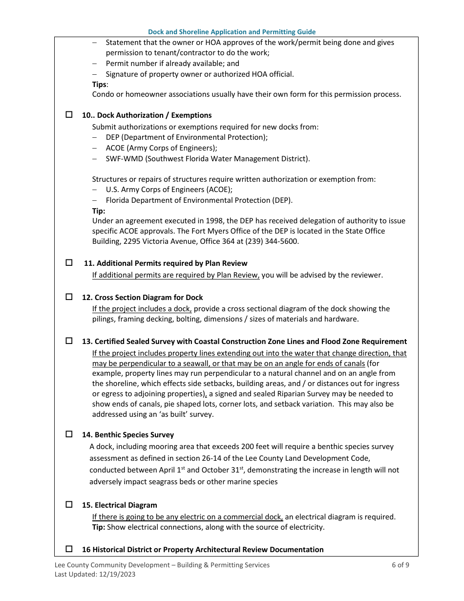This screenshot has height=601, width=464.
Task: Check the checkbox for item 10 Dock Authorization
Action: coord(69,115)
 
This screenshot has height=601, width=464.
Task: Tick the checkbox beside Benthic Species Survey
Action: coord(69,434)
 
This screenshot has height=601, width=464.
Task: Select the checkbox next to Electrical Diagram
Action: coord(69,505)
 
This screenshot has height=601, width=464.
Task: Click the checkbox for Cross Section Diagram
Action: coord(69,297)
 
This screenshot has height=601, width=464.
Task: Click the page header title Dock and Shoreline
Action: coord(232,32)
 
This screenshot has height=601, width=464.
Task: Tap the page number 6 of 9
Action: coord(401,565)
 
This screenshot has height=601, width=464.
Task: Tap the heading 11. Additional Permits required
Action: coord(166,263)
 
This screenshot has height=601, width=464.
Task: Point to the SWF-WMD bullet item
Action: coord(208,159)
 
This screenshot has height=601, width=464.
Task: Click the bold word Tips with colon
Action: coord(100,85)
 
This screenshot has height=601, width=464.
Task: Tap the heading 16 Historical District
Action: coord(202,550)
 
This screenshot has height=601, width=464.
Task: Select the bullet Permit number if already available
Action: coord(172,64)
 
